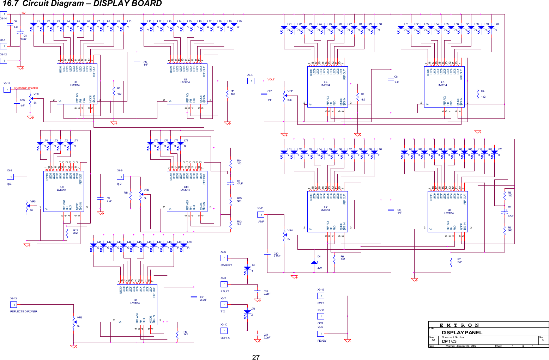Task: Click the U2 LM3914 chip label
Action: pos(75,84)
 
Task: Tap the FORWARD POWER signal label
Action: pos(26,88)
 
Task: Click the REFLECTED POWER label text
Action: pos(24,311)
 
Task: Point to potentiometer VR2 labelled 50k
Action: pos(284,96)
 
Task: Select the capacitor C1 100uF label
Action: pos(24,37)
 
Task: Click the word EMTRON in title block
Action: pos(459,325)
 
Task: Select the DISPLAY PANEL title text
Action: pos(462,332)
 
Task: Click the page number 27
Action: pos(256,357)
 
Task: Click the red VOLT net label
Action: pos(271,80)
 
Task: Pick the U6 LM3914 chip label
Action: pos(135,301)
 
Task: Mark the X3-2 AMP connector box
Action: pos(261,215)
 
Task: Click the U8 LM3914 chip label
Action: pos(449,212)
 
